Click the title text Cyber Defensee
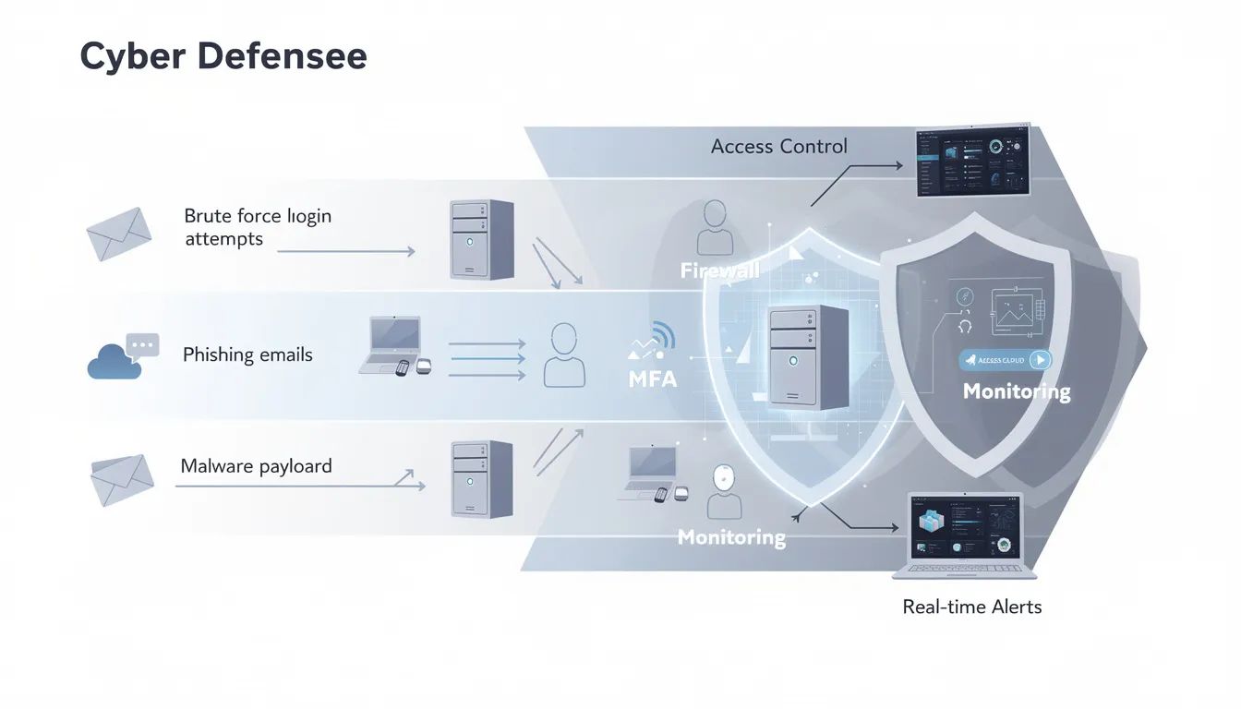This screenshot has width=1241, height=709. pos(223,56)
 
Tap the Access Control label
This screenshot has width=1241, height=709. pos(778,146)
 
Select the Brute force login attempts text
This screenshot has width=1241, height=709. pos(258,227)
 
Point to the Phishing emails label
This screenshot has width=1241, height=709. pos(247,354)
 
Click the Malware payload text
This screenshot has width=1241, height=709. pos(256,466)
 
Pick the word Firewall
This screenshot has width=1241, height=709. pos(719,270)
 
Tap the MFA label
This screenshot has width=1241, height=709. pos(651,378)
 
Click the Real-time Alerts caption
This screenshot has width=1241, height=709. pos(971,607)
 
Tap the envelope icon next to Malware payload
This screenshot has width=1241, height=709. pos(121,480)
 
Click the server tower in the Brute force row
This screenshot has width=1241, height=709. pos(481,239)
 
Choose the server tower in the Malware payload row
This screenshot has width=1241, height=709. pos(481,478)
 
